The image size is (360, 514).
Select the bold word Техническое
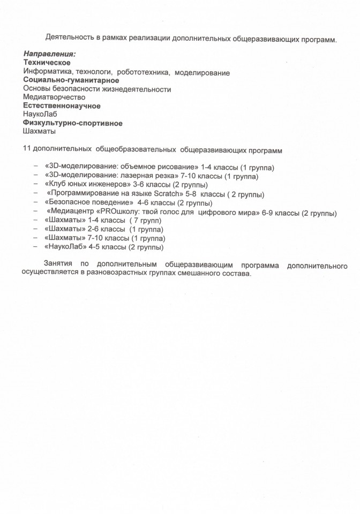(x=47, y=63)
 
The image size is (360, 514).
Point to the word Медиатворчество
(x=54, y=97)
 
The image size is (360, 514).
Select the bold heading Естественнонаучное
(x=62, y=106)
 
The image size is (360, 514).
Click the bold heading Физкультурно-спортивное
(x=73, y=123)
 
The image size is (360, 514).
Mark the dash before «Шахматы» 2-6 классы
(x=36, y=229)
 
